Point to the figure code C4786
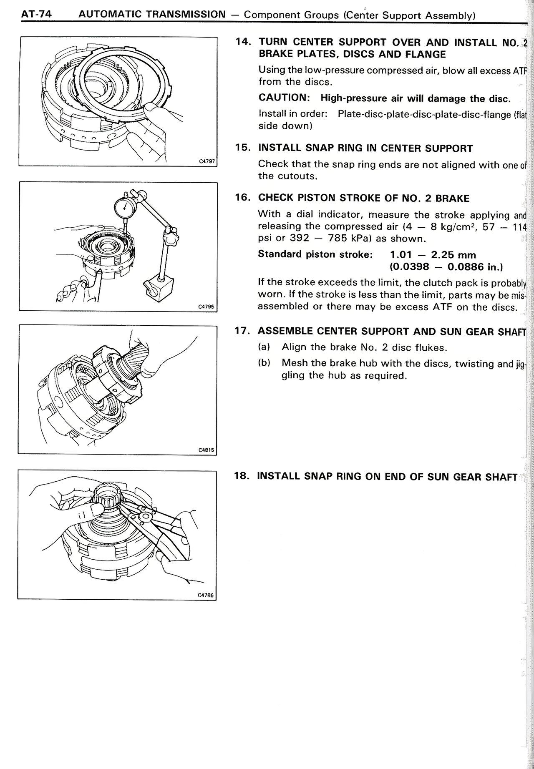206,596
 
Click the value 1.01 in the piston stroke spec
401,255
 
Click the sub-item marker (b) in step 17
264,363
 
